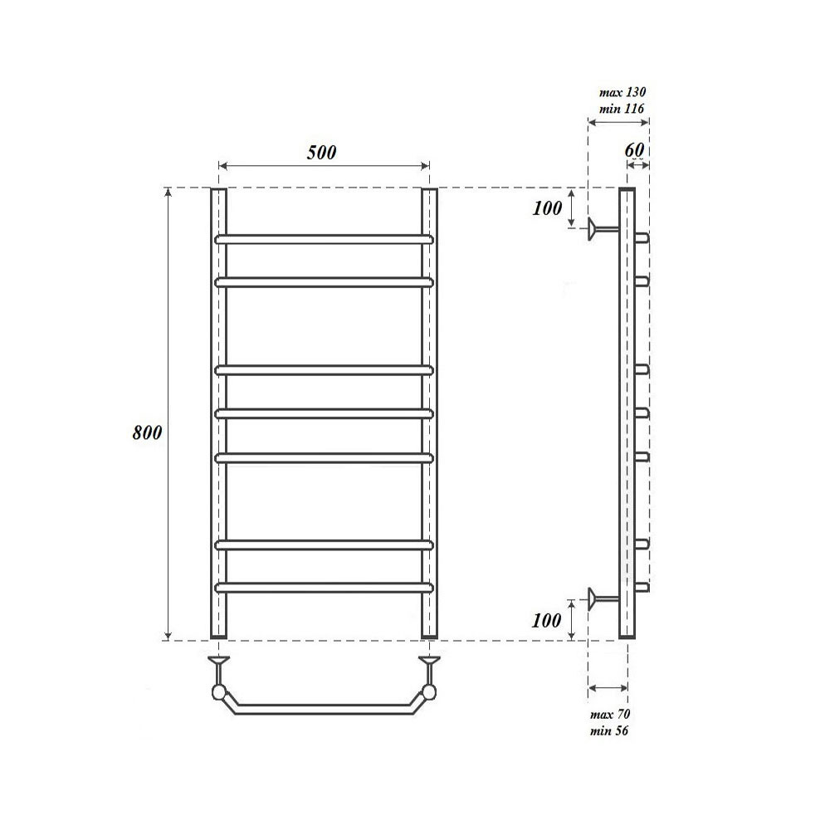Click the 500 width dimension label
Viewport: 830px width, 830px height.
point(321,153)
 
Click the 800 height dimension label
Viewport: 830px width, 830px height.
point(147,433)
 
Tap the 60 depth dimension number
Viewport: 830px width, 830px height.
point(634,149)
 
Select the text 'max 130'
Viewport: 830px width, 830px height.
point(622,92)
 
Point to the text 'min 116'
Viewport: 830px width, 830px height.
point(622,109)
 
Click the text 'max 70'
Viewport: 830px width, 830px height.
point(610,714)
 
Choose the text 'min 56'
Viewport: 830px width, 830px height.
point(609,731)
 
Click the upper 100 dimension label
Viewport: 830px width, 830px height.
point(547,208)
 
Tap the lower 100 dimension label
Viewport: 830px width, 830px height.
point(547,620)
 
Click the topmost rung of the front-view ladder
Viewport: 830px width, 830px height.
point(324,239)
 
